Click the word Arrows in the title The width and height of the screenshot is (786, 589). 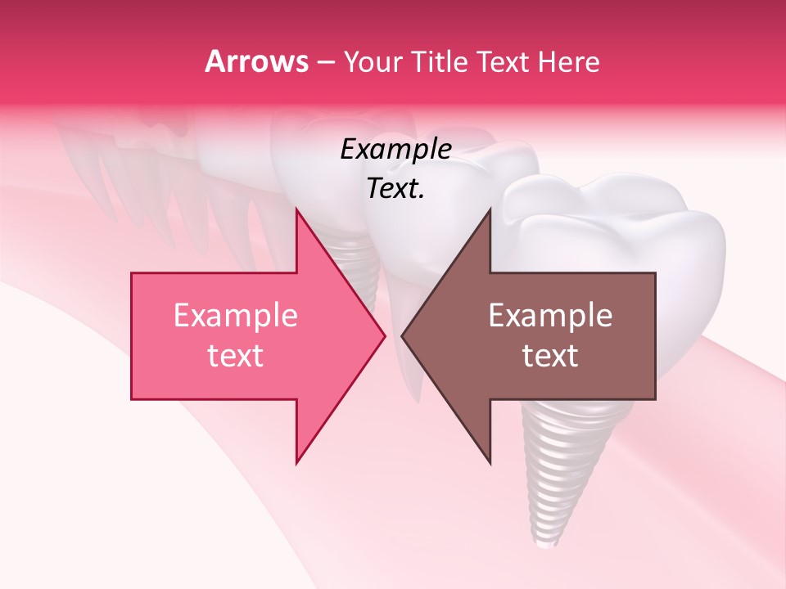point(256,61)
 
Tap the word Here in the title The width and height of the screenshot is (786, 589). point(568,61)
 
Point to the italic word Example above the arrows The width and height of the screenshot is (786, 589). point(395,150)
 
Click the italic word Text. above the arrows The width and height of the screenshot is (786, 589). point(395,189)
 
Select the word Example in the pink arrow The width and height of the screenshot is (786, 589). point(236,316)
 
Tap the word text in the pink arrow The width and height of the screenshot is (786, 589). point(236,356)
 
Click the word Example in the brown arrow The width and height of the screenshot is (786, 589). point(550,316)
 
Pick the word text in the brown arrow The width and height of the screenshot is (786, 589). point(550,356)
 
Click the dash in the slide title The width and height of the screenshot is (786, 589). point(324,62)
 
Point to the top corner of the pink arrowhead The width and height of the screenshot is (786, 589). point(296,209)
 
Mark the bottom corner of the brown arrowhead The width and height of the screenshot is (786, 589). point(490,463)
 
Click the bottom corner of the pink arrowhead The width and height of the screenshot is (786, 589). point(296,463)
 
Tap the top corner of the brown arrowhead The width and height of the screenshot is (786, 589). point(490,209)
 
